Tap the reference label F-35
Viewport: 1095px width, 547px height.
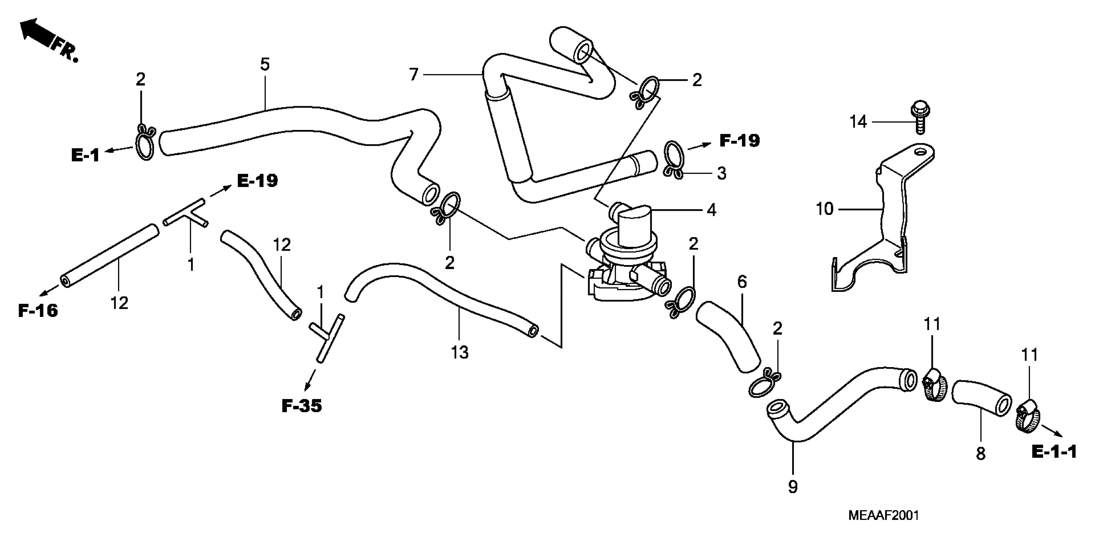point(302,406)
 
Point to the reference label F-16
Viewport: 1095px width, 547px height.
point(38,311)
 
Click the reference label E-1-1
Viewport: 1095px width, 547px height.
point(1054,452)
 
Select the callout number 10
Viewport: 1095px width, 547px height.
point(825,209)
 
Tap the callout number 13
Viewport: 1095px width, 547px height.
point(459,352)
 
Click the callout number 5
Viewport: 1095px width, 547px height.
point(265,65)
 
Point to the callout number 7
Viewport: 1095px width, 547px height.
point(413,75)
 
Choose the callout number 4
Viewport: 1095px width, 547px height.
point(711,210)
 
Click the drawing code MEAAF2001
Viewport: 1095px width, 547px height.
point(883,515)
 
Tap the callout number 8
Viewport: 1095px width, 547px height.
point(981,454)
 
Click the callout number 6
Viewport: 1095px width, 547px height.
point(742,281)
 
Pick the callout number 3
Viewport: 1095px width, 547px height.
point(721,173)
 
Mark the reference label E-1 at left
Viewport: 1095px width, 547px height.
point(85,155)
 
